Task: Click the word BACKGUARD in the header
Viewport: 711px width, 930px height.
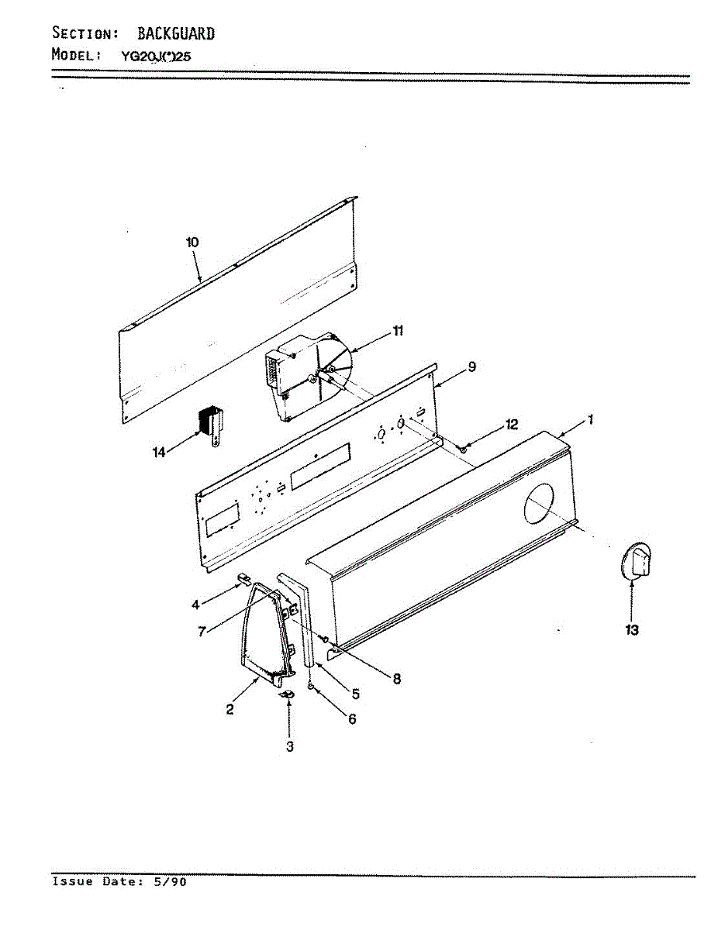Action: coord(176,33)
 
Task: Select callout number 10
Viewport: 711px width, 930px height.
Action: coord(192,243)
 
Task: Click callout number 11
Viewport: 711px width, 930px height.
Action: coord(398,331)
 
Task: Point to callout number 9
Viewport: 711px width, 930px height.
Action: coord(471,367)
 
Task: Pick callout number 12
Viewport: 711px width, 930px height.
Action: coord(511,425)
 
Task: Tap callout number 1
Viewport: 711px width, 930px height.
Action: coord(590,421)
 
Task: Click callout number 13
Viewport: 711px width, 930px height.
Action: coord(632,631)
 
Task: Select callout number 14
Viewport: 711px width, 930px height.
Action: coord(159,453)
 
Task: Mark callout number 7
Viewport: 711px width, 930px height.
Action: coord(201,632)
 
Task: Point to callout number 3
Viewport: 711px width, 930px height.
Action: coord(289,747)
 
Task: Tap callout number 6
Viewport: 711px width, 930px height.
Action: coord(352,719)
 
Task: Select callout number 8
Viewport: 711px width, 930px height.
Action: coord(396,679)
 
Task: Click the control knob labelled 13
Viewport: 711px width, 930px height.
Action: coord(637,560)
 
